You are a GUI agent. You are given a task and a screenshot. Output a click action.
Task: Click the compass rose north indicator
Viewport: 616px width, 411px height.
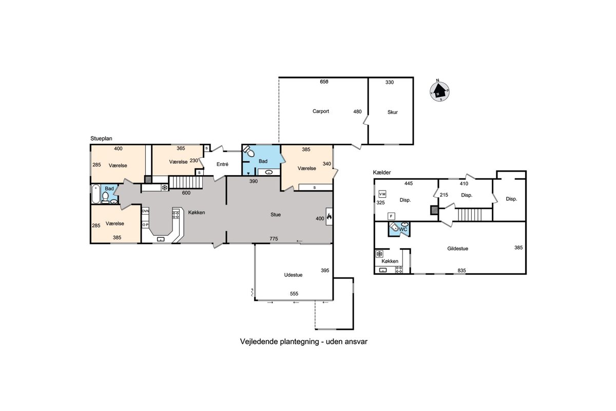437,80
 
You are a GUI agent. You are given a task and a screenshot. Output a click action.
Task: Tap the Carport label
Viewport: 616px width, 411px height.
321,111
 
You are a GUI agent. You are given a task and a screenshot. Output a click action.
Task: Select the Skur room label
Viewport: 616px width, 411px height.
392,112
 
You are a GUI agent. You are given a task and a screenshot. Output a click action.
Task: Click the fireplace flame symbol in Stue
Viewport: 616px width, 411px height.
329,217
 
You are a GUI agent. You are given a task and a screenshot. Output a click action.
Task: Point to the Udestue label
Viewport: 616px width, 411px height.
293,275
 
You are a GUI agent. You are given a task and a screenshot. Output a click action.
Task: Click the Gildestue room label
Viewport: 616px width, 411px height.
457,248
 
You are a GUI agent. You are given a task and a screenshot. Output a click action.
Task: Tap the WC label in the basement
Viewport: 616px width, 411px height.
403,229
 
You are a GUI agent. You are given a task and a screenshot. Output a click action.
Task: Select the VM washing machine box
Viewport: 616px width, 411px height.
382,194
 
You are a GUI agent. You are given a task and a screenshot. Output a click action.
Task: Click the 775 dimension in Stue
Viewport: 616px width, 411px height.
274,239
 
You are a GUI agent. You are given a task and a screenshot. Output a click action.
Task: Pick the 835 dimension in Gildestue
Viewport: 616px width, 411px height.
461,270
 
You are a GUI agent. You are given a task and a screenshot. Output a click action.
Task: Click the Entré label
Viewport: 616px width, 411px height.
222,164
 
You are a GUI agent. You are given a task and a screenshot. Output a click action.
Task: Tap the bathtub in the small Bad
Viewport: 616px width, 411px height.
95,194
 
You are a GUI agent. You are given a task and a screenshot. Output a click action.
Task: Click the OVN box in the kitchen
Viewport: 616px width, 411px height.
145,211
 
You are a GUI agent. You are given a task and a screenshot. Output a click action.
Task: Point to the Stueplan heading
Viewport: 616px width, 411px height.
101,139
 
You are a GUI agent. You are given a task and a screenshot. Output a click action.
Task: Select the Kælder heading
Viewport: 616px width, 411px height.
382,172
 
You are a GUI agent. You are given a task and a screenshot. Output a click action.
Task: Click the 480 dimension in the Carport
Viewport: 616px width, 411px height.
357,111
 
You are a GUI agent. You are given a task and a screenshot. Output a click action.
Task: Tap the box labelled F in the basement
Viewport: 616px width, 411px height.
391,216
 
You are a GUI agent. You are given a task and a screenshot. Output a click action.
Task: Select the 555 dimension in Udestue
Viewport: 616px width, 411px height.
294,293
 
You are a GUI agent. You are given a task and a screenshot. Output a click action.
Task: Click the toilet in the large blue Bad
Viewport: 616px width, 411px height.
248,151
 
